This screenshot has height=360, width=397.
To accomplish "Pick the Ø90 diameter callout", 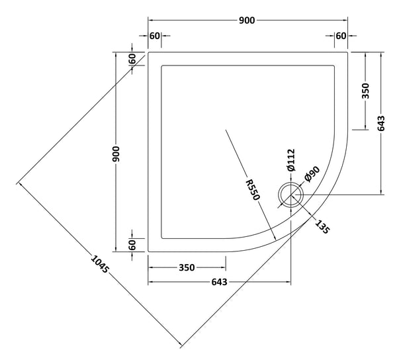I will [312, 176].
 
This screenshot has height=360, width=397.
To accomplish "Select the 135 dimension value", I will [322, 224].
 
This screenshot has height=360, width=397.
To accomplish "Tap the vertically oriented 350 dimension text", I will [366, 91].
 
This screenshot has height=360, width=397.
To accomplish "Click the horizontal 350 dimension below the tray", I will [186, 268].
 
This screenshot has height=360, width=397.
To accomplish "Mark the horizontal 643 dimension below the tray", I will [219, 283].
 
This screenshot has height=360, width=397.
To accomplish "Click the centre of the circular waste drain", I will [290, 195].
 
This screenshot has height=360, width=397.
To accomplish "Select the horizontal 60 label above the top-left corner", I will [154, 36].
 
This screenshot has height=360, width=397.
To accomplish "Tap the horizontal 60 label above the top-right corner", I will [341, 36].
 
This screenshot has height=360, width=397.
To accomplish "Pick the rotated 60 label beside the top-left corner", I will [133, 58].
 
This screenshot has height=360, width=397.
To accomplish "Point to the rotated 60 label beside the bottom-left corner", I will [133, 245].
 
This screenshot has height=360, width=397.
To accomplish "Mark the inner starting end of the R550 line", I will [226, 130].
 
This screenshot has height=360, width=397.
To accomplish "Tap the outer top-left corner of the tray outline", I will [148, 52].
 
